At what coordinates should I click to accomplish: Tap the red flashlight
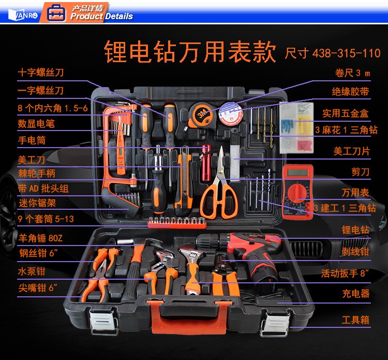pos(206,163)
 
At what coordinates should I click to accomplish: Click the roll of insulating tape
pos(231,114)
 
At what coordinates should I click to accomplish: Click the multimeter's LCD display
pos(297,172)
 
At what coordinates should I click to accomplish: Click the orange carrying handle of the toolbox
pos(189,316)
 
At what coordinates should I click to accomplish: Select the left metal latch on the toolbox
pos(103,321)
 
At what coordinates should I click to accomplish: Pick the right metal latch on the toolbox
pos(275,323)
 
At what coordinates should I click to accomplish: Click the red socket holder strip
pos(177,223)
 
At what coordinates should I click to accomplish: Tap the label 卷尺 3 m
pos(352,73)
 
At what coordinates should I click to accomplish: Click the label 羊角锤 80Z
pos(40,238)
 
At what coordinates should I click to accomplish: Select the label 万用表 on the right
pos(355,192)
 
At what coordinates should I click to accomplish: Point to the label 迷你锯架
pos(37,203)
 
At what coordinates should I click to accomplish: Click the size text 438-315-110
pos(347,53)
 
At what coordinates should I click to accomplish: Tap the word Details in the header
pos(119,17)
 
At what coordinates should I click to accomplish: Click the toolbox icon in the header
pos(56,13)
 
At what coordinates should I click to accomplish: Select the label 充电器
pos(356,293)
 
